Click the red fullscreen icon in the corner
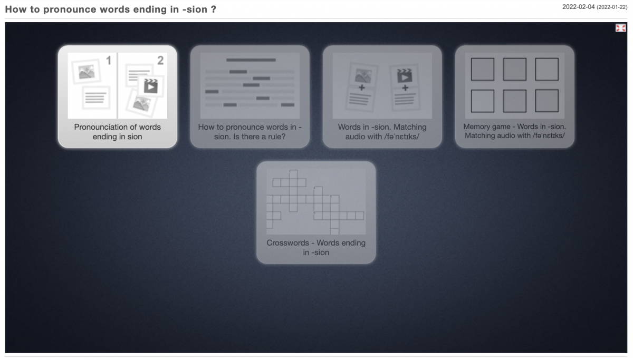coord(620,28)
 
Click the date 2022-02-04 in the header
coord(578,7)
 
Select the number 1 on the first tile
coord(109,61)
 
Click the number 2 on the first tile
coord(160,61)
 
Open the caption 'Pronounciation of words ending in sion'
coord(117,132)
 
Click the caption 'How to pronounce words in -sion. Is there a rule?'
coord(250,132)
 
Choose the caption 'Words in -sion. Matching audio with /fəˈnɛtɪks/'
coord(382,132)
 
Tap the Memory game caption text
coord(515,131)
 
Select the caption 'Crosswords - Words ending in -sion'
coord(316,248)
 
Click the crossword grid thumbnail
coord(316,201)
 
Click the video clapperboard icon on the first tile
coord(151,86)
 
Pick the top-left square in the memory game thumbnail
coord(483,70)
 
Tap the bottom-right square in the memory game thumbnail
coord(547,101)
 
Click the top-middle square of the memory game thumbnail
coord(515,70)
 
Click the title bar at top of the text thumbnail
coord(251,60)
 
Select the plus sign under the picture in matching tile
coord(361,87)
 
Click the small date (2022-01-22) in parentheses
coord(612,7)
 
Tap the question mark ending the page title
coord(214,9)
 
